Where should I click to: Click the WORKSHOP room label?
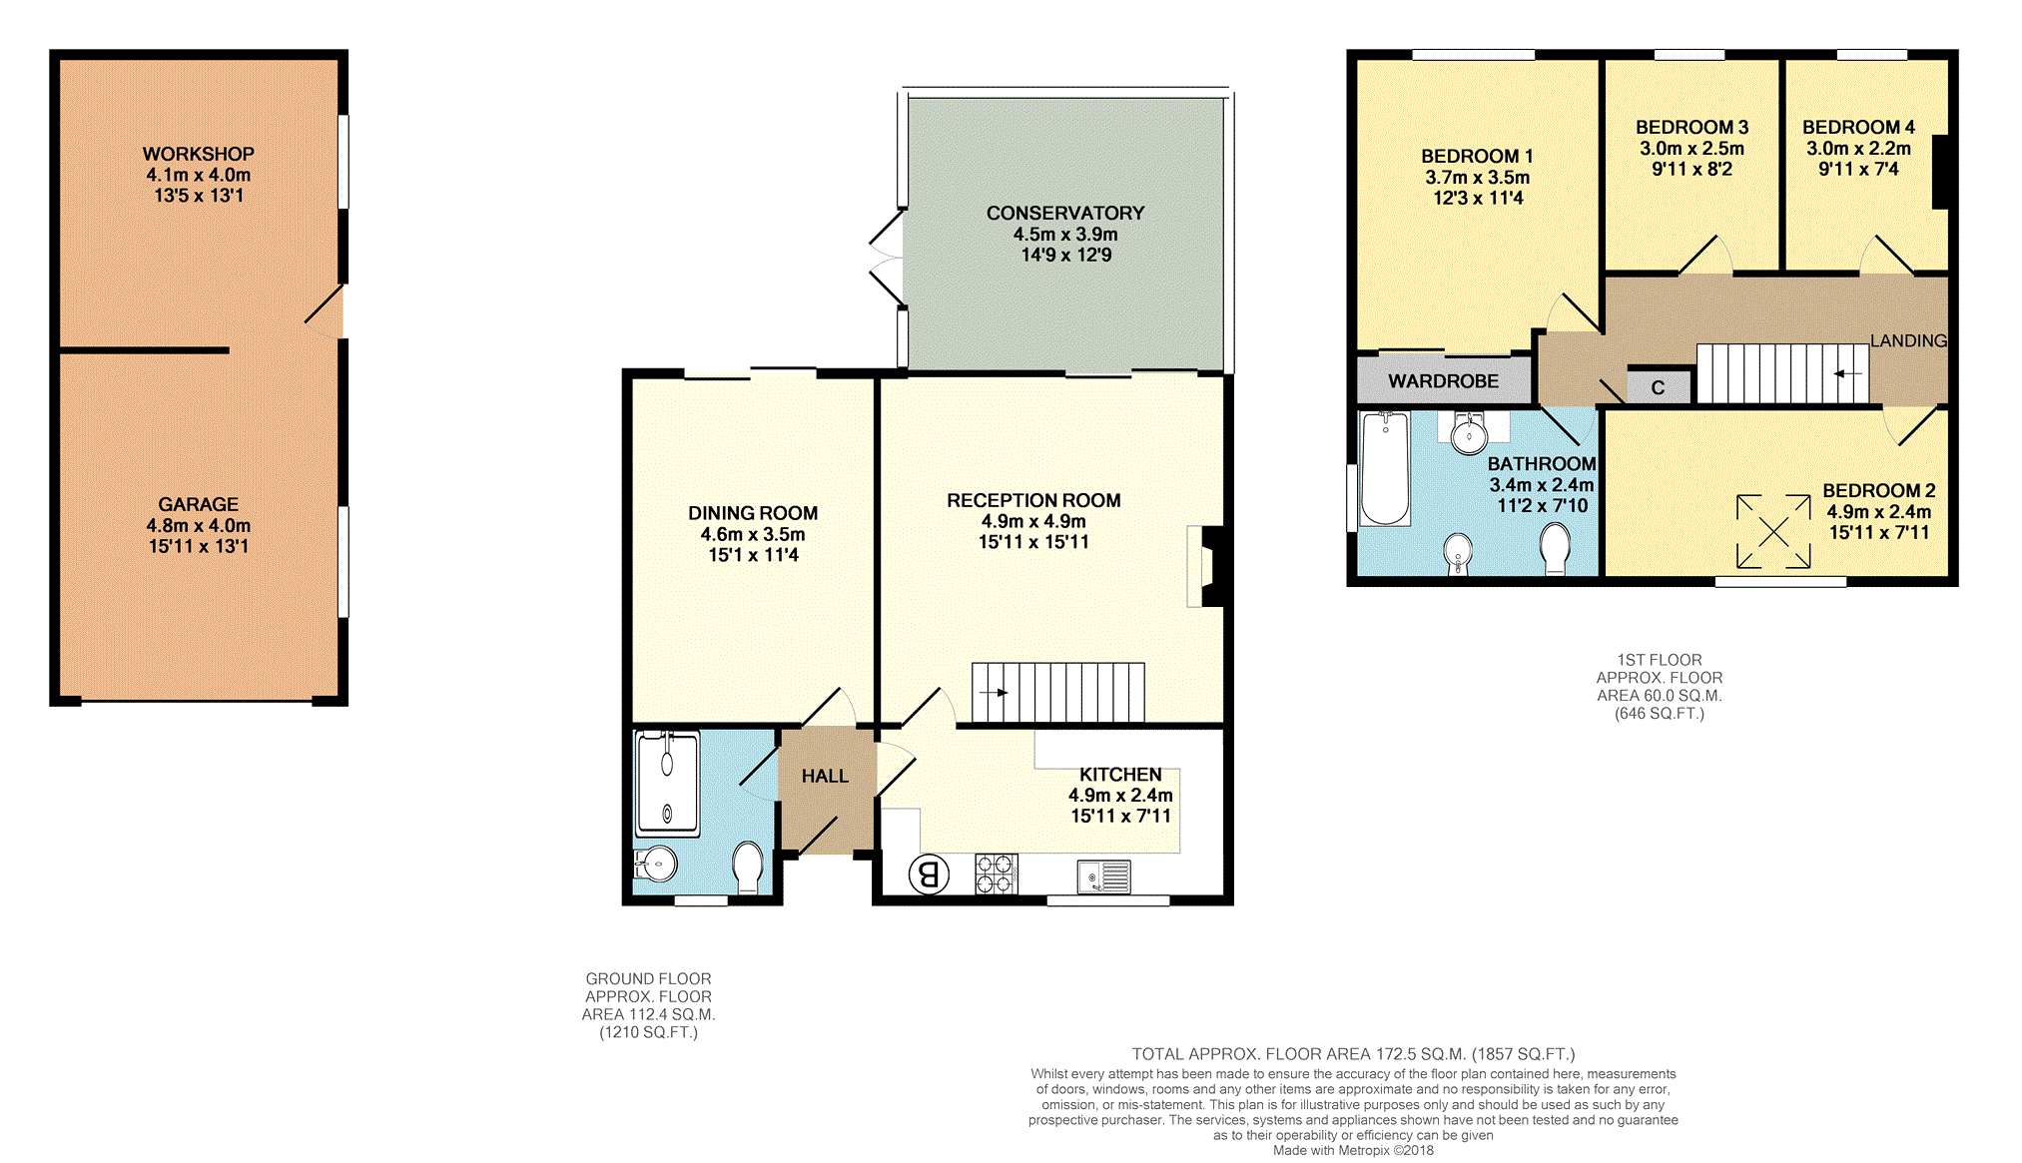pos(198,154)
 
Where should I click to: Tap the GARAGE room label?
pos(198,504)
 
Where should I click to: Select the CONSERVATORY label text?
pos(1065,213)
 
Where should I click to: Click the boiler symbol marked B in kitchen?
pos(929,874)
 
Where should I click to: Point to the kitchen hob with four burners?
pos(997,873)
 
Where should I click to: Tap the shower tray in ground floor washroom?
pos(668,784)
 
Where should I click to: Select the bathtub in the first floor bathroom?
pos(1385,468)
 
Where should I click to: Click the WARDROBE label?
pos(1443,381)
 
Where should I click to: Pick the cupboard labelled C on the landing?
pos(1658,386)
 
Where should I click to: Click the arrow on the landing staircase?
pos(1848,374)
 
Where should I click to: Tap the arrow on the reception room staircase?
pos(995,692)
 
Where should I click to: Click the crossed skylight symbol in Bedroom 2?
pos(1773,532)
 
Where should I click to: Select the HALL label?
pos(825,776)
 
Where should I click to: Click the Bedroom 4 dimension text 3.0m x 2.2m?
pos(1858,149)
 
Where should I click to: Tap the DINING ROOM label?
pos(753,513)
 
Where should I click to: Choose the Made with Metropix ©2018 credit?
pos(1353,1150)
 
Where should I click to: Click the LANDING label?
pos(1908,340)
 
